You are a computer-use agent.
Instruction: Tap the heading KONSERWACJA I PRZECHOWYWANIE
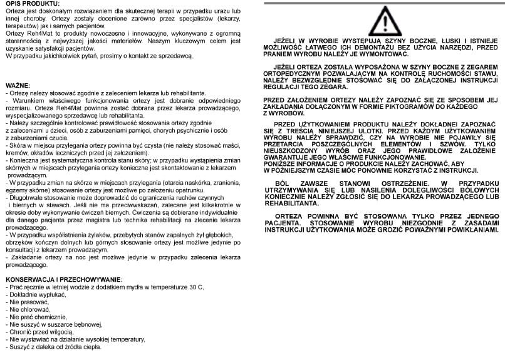coord(63,279)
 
